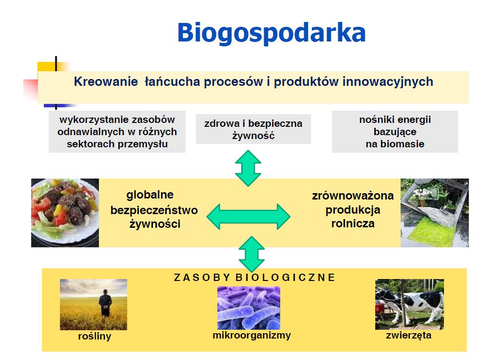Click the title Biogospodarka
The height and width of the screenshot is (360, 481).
coord(271,33)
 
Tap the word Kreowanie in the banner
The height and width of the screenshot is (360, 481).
coord(106,81)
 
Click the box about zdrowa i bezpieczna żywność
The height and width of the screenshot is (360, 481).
coord(253,129)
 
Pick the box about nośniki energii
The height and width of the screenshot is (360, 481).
coord(395,132)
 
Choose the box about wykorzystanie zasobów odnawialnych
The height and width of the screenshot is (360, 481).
coord(117,132)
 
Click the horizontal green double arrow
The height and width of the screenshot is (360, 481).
coord(249,217)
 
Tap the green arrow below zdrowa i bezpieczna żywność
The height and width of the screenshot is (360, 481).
coord(248,168)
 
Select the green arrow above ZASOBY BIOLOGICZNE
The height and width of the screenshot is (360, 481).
coord(251,254)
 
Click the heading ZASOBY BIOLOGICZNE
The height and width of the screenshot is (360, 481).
coord(254,278)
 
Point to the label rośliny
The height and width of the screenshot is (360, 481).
coord(95,336)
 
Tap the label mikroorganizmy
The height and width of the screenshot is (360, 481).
coord(251,335)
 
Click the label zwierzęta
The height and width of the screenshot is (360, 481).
coord(408,335)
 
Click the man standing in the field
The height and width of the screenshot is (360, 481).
coord(105,302)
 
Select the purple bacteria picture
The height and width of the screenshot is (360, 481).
coord(249,308)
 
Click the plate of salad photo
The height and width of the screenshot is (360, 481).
coord(65,213)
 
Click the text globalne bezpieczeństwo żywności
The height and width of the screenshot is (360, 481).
coord(154,209)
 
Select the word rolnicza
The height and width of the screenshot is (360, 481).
coord(353,223)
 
